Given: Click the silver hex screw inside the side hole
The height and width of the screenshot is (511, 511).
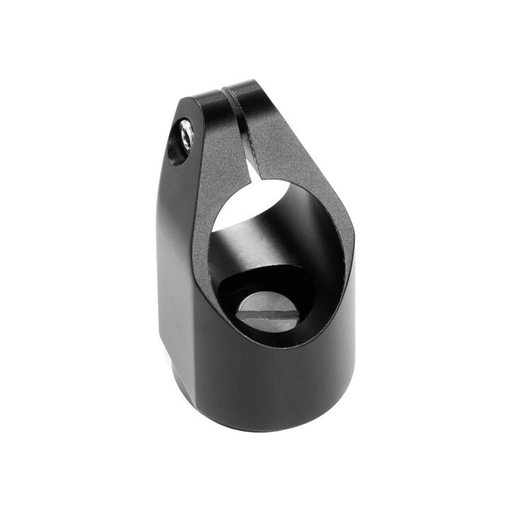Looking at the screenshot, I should pyautogui.click(x=186, y=136).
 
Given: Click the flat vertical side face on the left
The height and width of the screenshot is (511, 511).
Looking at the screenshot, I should pyautogui.click(x=174, y=270).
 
